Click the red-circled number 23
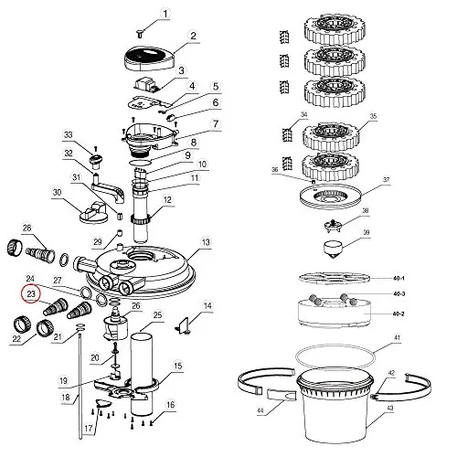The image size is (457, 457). (31, 294)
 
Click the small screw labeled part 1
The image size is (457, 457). (140, 34)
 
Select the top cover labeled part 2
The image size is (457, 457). (149, 58)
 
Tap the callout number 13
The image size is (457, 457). (206, 242)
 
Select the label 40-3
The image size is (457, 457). (399, 294)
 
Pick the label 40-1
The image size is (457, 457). (399, 278)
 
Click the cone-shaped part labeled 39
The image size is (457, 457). (332, 249)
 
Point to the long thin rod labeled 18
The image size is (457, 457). (80, 387)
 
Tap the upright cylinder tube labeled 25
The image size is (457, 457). (142, 374)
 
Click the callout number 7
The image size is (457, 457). (216, 124)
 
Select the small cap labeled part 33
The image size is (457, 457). (95, 160)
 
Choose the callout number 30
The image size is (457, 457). (57, 193)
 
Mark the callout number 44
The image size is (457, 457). (260, 410)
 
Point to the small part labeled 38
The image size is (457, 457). (334, 225)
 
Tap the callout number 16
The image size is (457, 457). (170, 404)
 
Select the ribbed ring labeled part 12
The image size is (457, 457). (141, 218)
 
